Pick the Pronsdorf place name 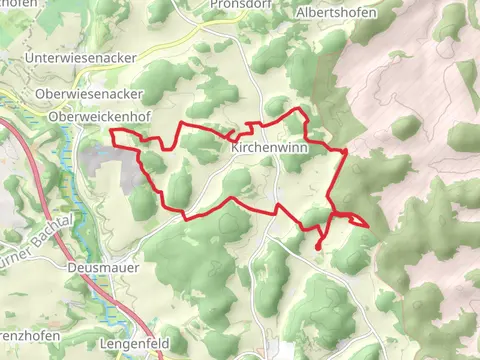coord(239,4)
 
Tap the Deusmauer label coord(103,268)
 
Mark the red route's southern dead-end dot coord(318,246)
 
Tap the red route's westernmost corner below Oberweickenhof coord(111,132)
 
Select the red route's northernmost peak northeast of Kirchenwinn coord(299,109)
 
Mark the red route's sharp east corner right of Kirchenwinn coord(345,151)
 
